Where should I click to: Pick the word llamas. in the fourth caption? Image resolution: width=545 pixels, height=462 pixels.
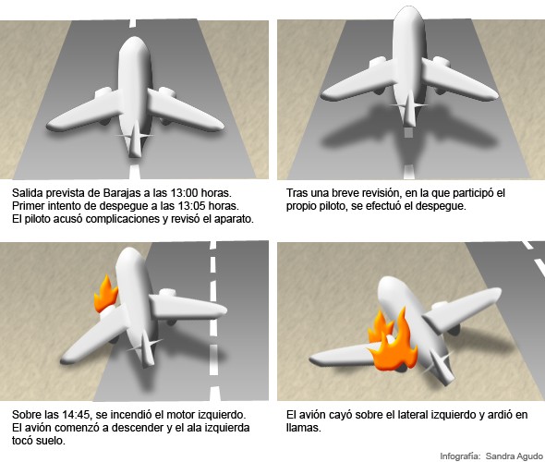coord(303,428)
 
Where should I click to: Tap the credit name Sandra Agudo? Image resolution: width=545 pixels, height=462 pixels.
coord(515,456)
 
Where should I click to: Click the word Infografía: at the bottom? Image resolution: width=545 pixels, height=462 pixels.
coord(461,456)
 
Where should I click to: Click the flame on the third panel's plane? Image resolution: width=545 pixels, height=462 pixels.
coord(106,294)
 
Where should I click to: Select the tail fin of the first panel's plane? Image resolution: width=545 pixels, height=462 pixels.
coord(136,139)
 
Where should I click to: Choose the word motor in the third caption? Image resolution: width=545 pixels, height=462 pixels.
coord(183,415)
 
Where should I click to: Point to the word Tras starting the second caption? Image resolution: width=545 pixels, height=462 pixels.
coord(297,193)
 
